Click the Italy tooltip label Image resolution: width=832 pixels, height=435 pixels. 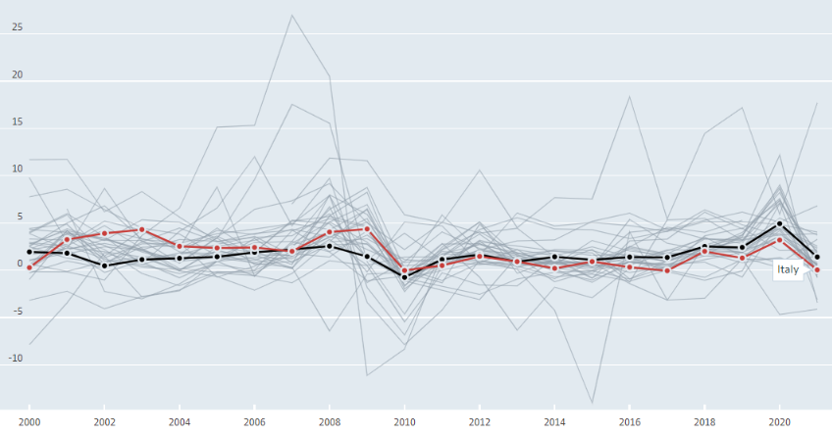click(x=788, y=269)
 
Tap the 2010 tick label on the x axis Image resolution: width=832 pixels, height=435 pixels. click(x=404, y=422)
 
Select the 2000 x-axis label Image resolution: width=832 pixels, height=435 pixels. click(x=29, y=422)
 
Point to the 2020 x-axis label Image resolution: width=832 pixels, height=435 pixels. click(x=779, y=422)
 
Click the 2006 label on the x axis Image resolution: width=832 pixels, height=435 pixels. click(x=255, y=422)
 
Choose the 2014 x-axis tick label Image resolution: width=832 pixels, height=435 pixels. click(x=554, y=422)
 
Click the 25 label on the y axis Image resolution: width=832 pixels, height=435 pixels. click(x=18, y=26)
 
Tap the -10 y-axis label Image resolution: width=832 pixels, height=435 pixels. click(x=16, y=359)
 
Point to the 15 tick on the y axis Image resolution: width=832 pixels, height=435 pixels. click(x=18, y=121)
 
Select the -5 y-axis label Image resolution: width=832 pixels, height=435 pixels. click(x=18, y=311)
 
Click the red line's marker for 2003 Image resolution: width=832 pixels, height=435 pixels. click(x=141, y=230)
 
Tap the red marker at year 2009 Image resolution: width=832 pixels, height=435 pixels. click(x=367, y=229)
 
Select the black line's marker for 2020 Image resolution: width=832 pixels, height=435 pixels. click(x=779, y=224)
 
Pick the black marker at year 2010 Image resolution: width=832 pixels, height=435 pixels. click(x=404, y=277)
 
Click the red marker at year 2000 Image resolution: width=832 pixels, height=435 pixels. click(x=29, y=267)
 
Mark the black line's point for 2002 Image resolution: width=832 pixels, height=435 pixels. click(x=105, y=266)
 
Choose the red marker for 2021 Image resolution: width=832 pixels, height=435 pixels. click(x=817, y=270)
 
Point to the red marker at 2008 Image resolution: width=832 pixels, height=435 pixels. click(x=330, y=232)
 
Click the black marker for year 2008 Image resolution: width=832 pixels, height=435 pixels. click(x=330, y=246)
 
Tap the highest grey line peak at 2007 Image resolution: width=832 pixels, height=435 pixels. click(x=292, y=15)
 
